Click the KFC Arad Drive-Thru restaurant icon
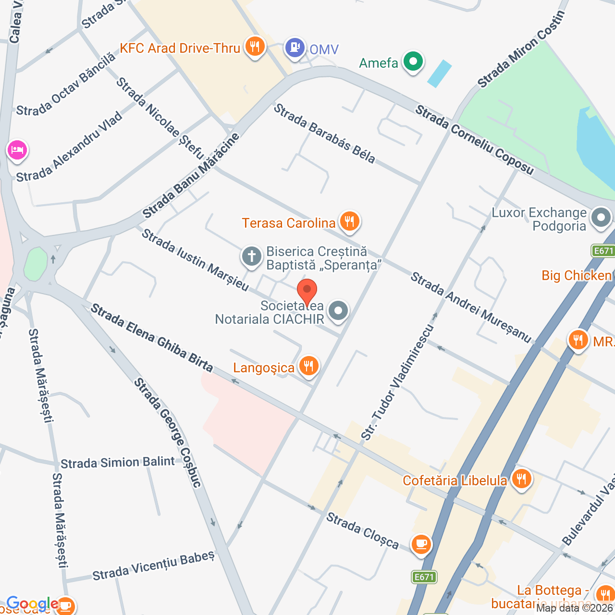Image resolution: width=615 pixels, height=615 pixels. pyautogui.click(x=255, y=47)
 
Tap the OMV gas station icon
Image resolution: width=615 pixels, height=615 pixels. pyautogui.click(x=295, y=48)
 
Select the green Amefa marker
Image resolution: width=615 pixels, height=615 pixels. pyautogui.click(x=413, y=61)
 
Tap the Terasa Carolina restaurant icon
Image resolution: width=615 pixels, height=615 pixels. pyautogui.click(x=350, y=221)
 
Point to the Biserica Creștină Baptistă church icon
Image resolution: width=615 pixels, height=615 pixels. pyautogui.click(x=251, y=256)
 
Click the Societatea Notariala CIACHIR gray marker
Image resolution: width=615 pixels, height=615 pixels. pyautogui.click(x=339, y=310)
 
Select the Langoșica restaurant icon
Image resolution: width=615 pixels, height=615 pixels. pyautogui.click(x=308, y=366)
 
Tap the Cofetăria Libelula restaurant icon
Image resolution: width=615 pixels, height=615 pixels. pyautogui.click(x=521, y=479)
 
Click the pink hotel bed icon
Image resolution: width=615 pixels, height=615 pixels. pyautogui.click(x=17, y=149)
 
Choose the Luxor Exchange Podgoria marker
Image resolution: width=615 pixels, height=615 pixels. pyautogui.click(x=601, y=218)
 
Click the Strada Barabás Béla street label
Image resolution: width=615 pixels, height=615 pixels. pyautogui.click(x=324, y=134)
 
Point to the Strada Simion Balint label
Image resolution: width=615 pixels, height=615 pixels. pyautogui.click(x=118, y=463)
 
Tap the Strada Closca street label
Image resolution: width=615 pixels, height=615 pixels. pyautogui.click(x=362, y=530)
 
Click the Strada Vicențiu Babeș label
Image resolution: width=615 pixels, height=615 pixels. pyautogui.click(x=153, y=566)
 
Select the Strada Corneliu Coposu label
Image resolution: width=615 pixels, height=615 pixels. pyautogui.click(x=474, y=140)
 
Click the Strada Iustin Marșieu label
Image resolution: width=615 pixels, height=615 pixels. pyautogui.click(x=195, y=260)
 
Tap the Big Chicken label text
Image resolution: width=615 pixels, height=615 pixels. pyautogui.click(x=576, y=275)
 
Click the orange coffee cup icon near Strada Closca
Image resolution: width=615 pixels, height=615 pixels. pyautogui.click(x=421, y=544)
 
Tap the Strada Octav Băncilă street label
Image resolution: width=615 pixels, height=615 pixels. pyautogui.click(x=66, y=85)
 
